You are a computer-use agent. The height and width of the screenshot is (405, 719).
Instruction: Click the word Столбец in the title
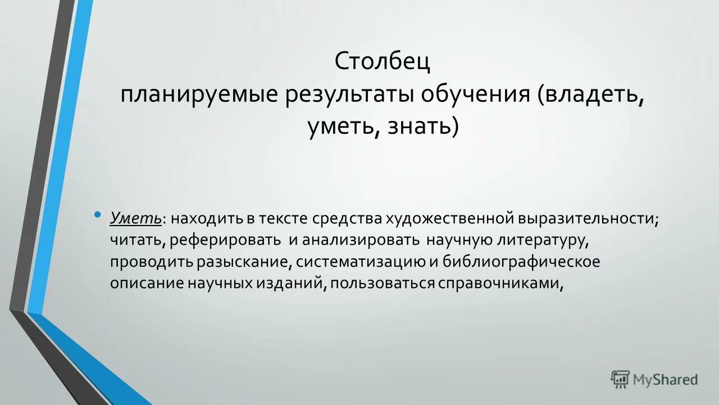383,61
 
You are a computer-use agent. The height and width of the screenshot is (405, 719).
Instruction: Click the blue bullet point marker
98,214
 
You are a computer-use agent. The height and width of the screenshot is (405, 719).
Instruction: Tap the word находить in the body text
201,218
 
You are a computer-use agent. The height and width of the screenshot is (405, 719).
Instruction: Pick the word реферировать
227,240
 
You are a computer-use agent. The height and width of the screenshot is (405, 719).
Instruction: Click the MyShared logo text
665,380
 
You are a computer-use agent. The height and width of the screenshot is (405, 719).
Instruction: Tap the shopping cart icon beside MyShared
620,380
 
